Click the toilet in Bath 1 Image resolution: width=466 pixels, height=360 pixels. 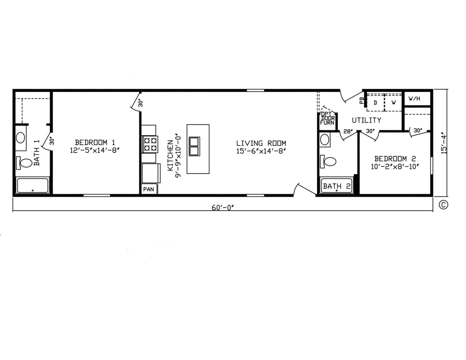click(x=24, y=163)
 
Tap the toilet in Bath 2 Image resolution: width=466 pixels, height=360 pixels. click(x=328, y=162)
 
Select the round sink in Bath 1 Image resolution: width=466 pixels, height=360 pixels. click(x=21, y=138)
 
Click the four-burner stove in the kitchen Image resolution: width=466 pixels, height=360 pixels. click(x=150, y=144)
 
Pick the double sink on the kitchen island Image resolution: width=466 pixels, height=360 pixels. click(x=194, y=147)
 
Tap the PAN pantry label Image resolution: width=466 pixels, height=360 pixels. click(x=149, y=189)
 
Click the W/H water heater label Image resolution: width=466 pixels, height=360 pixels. click(x=414, y=99)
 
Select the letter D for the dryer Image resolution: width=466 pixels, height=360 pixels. click(x=375, y=103)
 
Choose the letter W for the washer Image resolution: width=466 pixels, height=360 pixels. click(x=394, y=102)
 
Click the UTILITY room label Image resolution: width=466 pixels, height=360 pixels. click(x=367, y=120)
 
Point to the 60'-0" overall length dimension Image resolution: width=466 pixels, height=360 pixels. click(x=223, y=208)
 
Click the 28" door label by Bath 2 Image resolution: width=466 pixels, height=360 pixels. click(x=348, y=131)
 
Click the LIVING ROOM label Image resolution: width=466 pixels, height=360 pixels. click(x=261, y=143)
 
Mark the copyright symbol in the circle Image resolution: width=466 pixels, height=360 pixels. click(x=443, y=205)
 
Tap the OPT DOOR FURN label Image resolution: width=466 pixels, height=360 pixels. click(x=327, y=118)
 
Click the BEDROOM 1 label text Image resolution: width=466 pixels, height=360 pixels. click(x=95, y=142)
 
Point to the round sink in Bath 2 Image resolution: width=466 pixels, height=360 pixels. click(x=325, y=139)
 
